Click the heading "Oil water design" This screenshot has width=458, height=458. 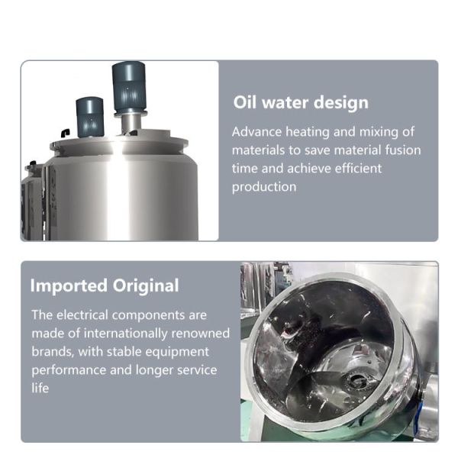tap(301, 103)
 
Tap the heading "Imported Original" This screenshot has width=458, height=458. tap(105, 286)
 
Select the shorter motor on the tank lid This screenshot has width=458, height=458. tap(89, 116)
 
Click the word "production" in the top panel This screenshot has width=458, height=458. tap(264, 186)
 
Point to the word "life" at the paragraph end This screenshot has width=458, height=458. tap(40, 388)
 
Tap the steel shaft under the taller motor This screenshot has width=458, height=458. tap(131, 122)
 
